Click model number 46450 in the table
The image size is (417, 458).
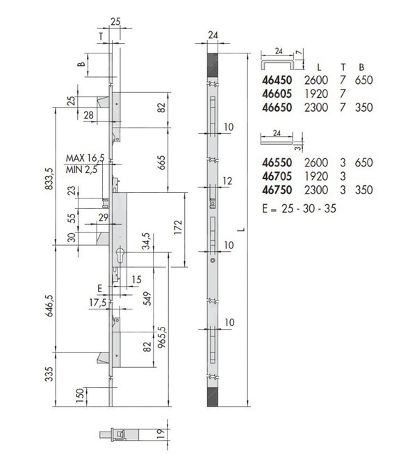click(x=277, y=80)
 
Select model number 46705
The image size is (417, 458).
click(x=277, y=176)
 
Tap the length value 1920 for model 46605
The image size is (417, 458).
click(x=316, y=94)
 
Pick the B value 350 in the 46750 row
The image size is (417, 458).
click(x=363, y=190)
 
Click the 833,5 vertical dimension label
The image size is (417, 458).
click(x=49, y=178)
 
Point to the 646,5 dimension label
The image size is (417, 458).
click(x=49, y=305)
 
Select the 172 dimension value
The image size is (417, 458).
click(x=178, y=227)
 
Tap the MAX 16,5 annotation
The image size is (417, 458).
click(x=85, y=158)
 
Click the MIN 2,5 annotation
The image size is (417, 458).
click(x=81, y=169)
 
